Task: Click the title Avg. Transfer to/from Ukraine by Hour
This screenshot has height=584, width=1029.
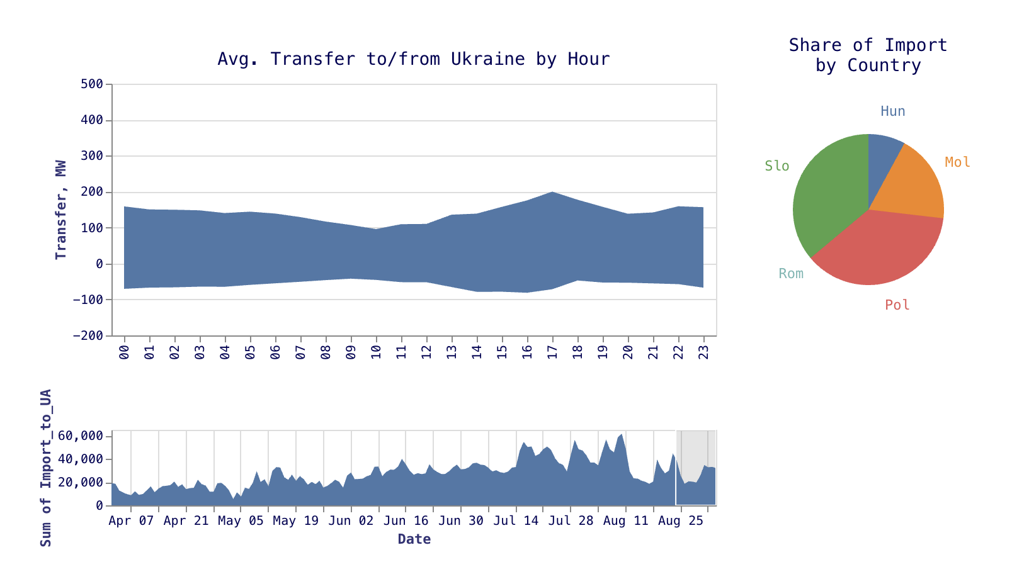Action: point(414,59)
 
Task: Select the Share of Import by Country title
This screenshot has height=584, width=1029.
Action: point(868,55)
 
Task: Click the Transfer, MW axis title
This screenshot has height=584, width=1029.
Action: point(61,210)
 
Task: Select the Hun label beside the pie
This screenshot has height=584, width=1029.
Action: point(892,111)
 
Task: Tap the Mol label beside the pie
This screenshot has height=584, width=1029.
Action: point(957,162)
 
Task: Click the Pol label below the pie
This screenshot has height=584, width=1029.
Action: point(897,305)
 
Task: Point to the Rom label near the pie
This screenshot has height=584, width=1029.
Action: point(791,274)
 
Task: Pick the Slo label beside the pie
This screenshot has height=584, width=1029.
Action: point(776,166)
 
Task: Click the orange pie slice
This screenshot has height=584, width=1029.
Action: point(912,182)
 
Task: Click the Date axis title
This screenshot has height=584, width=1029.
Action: point(414,539)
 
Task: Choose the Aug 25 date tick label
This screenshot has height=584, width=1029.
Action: point(681,521)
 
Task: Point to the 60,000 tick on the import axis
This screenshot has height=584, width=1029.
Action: point(81,436)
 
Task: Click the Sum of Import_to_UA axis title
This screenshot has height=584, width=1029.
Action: point(46,468)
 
